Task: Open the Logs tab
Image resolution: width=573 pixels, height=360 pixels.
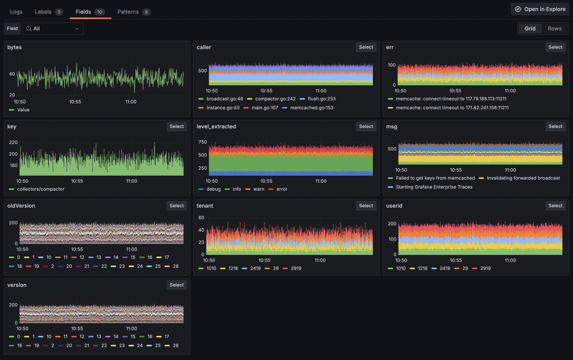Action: tap(16, 12)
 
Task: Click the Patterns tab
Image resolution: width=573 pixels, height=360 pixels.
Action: tap(133, 12)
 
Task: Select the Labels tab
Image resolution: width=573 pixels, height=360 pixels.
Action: tap(49, 12)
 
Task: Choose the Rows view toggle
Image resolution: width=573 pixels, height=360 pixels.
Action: tap(555, 28)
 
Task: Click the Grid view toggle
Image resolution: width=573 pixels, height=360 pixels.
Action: tap(530, 28)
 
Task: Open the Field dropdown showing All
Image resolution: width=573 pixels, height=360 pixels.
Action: tap(53, 28)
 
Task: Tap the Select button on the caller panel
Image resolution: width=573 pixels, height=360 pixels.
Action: tap(366, 47)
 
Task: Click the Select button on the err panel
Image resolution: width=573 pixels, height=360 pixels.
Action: tap(556, 47)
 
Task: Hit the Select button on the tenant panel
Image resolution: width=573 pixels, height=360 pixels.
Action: tap(366, 206)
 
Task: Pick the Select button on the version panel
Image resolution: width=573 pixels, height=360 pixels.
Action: tap(176, 285)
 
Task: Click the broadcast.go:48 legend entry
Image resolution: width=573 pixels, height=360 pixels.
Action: tap(221, 99)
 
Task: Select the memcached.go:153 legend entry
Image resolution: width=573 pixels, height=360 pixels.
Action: tap(308, 108)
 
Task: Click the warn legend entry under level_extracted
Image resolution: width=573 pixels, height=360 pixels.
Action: tap(255, 189)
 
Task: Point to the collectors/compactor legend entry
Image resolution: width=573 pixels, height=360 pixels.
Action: tap(37, 189)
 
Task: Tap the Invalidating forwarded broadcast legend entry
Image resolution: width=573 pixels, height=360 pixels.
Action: tap(519, 178)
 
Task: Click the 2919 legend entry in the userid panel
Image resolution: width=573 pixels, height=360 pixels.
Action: tap(481, 268)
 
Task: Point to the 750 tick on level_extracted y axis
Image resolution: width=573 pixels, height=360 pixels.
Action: tap(203, 142)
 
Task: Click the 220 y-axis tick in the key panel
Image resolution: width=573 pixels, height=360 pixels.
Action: tap(13, 142)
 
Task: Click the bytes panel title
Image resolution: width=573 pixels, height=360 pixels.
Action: tap(15, 47)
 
